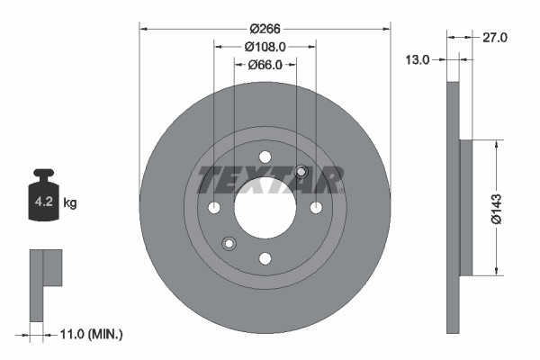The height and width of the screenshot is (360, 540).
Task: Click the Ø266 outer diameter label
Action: click(x=265, y=28)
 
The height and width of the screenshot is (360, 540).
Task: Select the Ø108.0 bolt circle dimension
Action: click(x=265, y=46)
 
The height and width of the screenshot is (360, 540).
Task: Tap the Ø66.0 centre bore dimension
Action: click(x=265, y=64)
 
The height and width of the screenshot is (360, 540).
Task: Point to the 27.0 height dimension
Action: click(x=496, y=38)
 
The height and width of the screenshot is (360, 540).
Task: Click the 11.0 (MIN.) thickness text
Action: click(x=89, y=334)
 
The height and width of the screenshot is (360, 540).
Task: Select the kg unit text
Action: click(x=70, y=203)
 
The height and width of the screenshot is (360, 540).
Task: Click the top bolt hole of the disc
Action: click(x=265, y=157)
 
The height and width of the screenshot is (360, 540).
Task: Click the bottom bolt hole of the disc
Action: click(x=265, y=259)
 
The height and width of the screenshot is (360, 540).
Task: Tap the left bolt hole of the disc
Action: click(x=214, y=208)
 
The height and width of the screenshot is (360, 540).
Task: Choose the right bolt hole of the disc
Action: click(x=316, y=208)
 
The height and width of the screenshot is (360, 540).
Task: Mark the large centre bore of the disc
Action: click(x=265, y=208)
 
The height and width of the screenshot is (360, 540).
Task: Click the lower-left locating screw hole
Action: click(x=229, y=243)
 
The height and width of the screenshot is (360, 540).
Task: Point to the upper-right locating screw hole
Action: click(x=301, y=173)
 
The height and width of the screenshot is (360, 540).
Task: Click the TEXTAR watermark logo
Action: click(x=270, y=180)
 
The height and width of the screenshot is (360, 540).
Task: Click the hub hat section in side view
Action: click(x=465, y=208)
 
